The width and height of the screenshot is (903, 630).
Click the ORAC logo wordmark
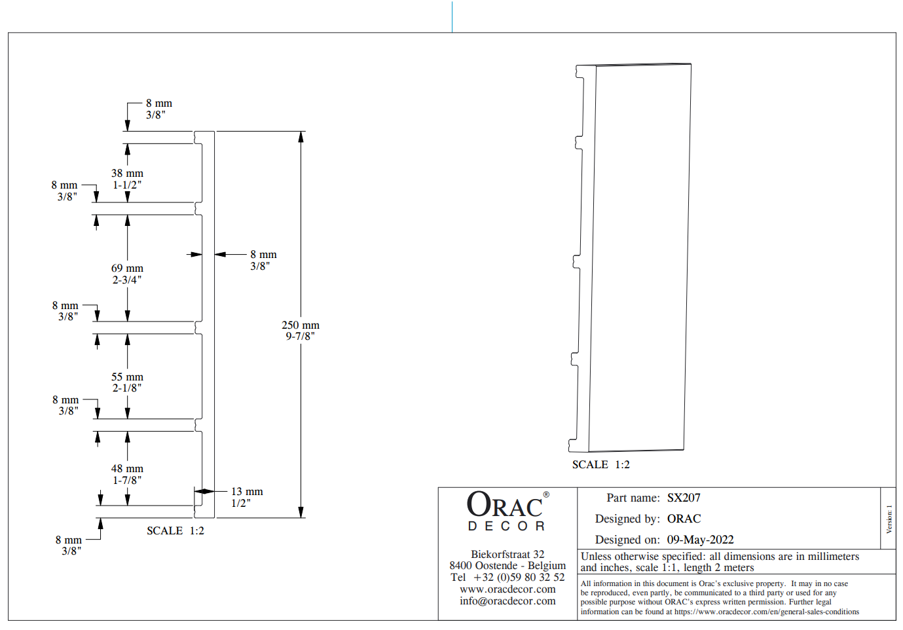504,506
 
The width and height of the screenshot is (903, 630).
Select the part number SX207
684,498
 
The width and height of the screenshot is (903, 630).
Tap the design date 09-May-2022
700,540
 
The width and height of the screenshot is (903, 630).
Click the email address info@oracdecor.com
507,601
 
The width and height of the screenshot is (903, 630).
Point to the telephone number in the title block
507,577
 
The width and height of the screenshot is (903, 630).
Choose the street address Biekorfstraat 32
507,554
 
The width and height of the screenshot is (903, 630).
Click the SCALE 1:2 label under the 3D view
600,464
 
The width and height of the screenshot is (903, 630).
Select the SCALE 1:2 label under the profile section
175,530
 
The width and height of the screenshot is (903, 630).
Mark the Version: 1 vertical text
889,519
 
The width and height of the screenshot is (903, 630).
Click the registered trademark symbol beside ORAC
546,495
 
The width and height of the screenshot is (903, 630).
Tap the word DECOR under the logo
506,527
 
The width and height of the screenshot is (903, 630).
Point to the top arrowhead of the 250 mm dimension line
301,136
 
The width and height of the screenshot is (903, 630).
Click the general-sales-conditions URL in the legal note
766,612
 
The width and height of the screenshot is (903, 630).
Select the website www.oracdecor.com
507,589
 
